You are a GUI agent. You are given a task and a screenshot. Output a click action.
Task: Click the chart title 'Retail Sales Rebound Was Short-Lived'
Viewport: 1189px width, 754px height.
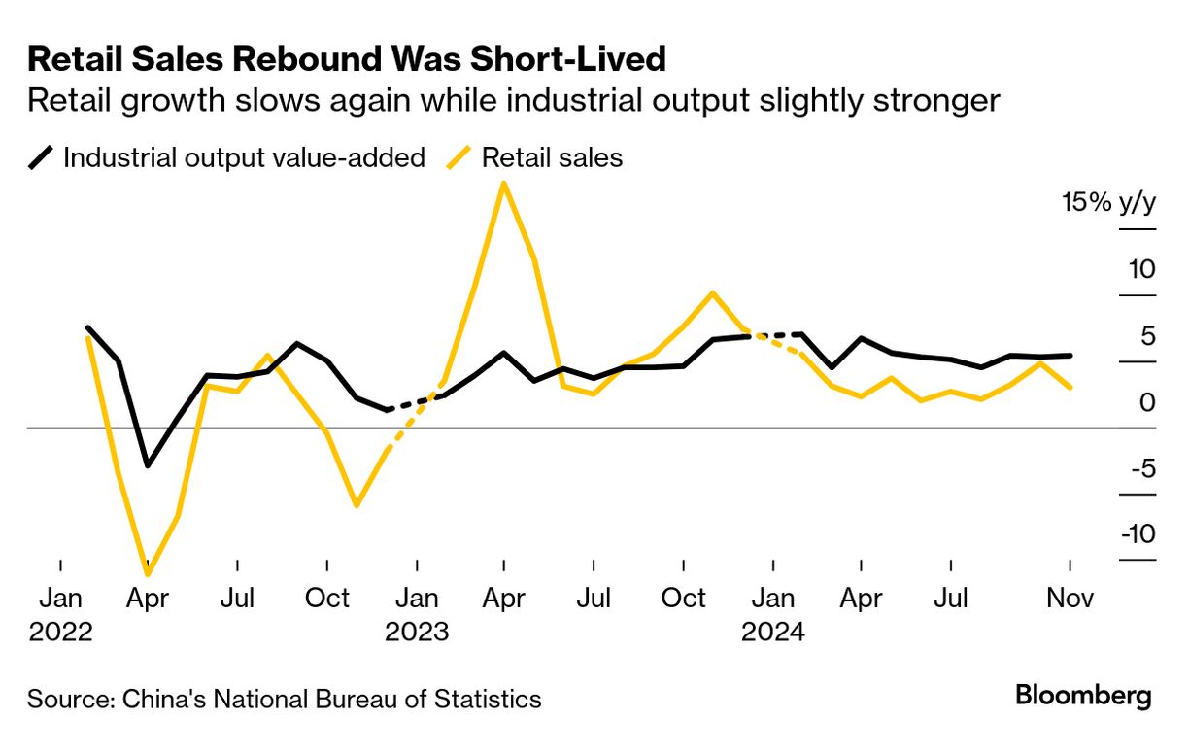point(347,59)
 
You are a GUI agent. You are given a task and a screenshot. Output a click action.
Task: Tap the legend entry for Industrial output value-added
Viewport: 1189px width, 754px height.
point(244,157)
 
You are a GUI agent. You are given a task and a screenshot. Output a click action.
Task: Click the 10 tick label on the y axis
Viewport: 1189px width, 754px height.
point(1140,269)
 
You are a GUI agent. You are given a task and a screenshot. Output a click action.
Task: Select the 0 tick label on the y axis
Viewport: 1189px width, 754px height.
point(1147,401)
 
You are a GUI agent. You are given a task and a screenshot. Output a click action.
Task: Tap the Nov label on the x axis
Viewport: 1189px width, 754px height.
point(1070,598)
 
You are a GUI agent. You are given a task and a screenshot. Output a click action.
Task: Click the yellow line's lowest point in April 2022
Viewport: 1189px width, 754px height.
point(149,573)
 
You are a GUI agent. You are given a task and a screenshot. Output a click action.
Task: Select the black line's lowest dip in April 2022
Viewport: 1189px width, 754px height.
point(148,465)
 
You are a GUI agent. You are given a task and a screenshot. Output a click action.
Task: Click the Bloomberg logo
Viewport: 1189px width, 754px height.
point(1083,696)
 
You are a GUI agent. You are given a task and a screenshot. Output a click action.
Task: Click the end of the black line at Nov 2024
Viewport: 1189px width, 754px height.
point(1070,356)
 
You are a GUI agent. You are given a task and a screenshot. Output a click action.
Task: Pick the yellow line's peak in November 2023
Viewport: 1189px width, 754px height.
point(713,292)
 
